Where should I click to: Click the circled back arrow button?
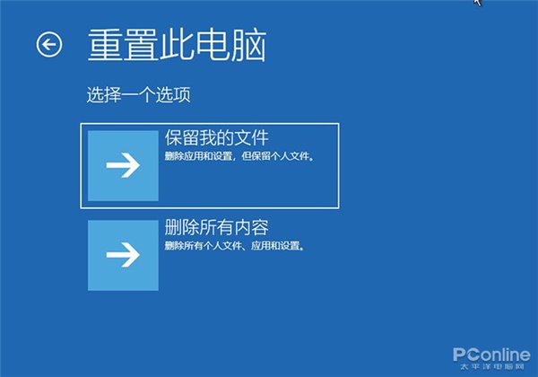click(48, 44)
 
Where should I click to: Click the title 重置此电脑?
click(177, 45)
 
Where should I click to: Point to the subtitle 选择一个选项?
click(138, 94)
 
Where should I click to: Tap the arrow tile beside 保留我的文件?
click(123, 165)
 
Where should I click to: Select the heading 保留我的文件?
click(217, 138)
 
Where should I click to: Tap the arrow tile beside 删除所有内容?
click(123, 255)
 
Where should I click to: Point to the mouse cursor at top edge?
click(477, 3)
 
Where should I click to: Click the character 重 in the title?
click(105, 45)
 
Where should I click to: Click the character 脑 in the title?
click(248, 45)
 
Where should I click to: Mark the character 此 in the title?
click(177, 45)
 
